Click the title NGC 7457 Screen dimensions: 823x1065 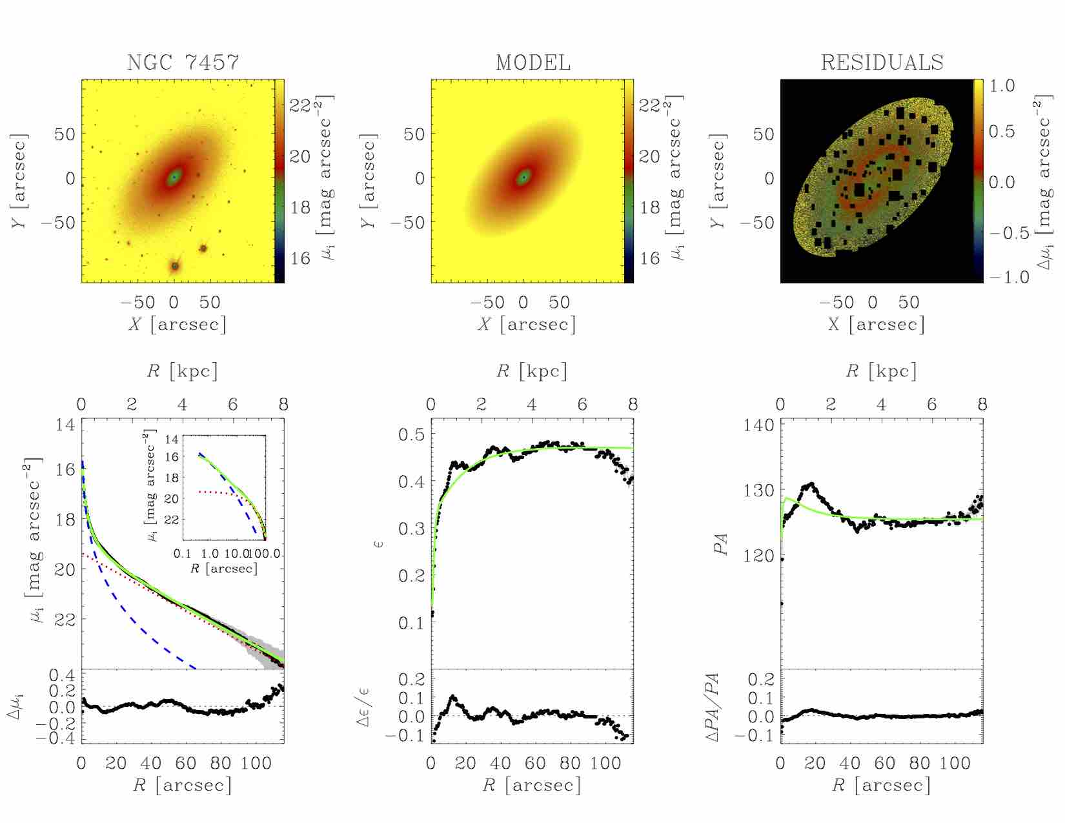183,63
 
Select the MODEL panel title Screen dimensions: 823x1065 533,63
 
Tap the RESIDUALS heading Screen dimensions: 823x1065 882,63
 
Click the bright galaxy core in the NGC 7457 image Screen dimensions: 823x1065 174,176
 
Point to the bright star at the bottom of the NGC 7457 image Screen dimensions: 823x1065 174,265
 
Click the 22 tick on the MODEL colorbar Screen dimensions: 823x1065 649,105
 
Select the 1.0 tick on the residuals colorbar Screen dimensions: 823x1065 1002,86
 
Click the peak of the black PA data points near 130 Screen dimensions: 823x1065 811,484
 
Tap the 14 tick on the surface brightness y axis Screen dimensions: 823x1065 65,425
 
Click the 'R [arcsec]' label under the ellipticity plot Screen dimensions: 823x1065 532,785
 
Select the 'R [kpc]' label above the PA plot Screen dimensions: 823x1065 882,371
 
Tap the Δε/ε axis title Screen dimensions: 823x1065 365,707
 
